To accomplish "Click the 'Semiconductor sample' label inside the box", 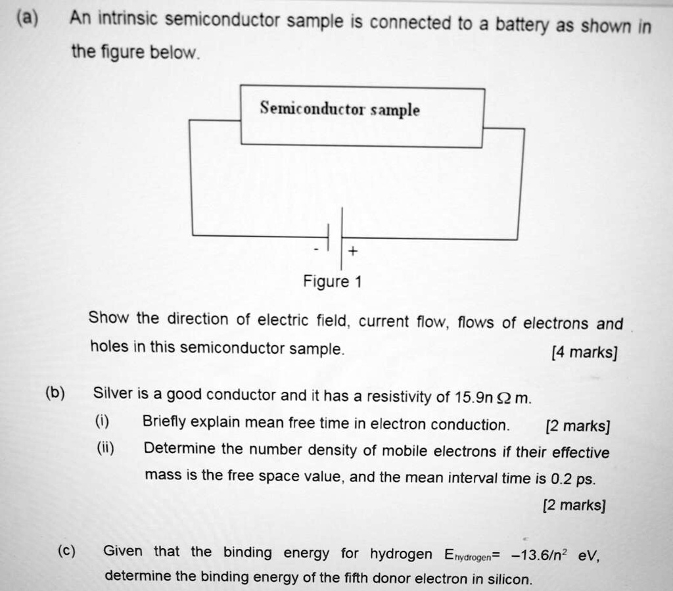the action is point(339,108).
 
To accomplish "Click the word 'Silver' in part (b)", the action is point(112,394).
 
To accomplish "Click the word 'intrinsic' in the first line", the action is point(127,20).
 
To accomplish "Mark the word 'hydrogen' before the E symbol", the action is point(401,554).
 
